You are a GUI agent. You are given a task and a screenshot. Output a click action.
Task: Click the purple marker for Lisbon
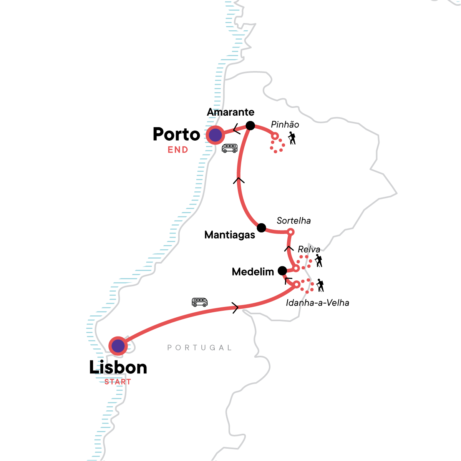point(118,346)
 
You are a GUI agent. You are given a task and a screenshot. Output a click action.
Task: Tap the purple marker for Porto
point(215,135)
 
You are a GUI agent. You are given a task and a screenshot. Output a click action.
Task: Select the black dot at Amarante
point(250,126)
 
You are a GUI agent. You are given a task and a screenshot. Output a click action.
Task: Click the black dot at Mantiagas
point(261,228)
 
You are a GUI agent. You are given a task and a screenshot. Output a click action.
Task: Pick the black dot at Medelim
point(282,270)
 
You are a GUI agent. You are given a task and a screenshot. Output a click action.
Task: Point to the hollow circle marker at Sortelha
point(291,232)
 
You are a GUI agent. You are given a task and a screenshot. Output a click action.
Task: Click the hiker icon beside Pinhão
point(292,138)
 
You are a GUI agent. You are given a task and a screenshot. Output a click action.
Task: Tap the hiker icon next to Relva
point(318,261)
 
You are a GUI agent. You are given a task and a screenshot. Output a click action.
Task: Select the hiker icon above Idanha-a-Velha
point(320,285)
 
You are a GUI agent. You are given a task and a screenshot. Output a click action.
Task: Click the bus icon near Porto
point(230,148)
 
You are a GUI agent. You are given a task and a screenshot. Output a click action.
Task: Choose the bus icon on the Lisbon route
point(200,302)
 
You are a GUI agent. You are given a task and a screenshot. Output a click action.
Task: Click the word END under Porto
point(178,150)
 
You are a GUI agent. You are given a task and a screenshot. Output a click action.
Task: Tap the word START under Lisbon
point(118,382)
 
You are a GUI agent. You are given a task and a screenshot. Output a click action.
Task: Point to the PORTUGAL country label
point(200,348)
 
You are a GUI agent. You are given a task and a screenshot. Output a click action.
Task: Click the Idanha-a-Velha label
point(317,303)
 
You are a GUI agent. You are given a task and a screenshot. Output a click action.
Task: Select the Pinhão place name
point(285,124)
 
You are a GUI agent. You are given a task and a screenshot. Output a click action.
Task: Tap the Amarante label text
point(230,112)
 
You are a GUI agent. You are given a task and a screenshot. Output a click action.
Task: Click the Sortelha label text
point(294,221)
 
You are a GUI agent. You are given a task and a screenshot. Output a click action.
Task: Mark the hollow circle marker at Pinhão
point(275,136)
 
